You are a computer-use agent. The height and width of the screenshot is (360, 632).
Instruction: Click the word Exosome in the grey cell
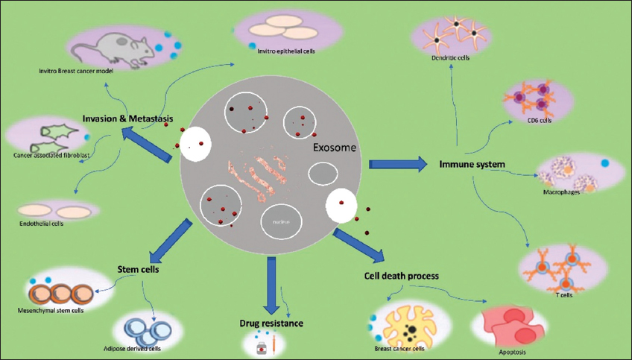(x=334, y=148)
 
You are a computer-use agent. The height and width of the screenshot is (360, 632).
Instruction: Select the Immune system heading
(x=473, y=163)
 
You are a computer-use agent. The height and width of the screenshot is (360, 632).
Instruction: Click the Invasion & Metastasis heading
(x=127, y=116)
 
